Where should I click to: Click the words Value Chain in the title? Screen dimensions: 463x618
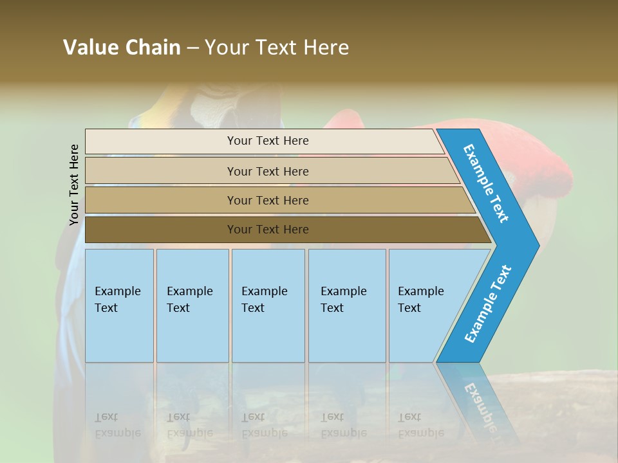point(122,48)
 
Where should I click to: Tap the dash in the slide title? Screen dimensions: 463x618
point(192,48)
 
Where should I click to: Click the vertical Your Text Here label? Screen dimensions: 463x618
point(74,185)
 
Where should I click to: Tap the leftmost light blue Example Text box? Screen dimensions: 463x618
point(119,305)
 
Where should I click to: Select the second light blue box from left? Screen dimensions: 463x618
point(192,305)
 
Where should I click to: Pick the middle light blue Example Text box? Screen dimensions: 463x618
point(268,305)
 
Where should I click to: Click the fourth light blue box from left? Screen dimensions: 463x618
point(347,305)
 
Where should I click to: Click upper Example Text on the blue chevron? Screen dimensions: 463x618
point(486,184)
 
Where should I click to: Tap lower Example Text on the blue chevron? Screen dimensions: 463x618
point(488,304)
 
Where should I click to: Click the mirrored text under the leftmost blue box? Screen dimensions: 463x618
point(117,424)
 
